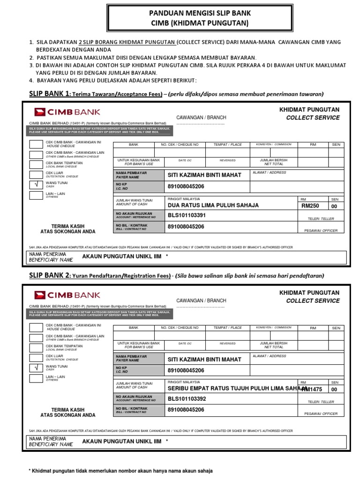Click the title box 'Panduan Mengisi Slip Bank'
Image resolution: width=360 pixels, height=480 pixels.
point(180,18)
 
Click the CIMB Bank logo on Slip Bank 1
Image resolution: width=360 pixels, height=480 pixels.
point(67,112)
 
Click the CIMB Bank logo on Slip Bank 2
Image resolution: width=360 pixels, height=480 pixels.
point(67,295)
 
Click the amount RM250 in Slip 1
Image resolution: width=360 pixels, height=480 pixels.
point(310,206)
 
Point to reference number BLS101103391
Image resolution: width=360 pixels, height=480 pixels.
point(187,216)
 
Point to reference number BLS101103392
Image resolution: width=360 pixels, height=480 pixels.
point(187,399)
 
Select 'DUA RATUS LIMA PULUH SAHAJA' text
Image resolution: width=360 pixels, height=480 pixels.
point(213,205)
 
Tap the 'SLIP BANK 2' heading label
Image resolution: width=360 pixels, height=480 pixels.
point(49,275)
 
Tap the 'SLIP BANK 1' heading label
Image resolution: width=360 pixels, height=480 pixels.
point(49,93)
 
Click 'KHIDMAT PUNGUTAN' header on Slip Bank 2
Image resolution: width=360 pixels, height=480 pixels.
point(309,292)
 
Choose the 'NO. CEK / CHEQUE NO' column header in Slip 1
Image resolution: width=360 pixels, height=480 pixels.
point(180,145)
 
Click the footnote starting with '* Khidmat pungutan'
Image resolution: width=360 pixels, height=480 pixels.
point(120,470)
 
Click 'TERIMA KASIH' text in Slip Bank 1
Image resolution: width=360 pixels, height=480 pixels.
point(67,225)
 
